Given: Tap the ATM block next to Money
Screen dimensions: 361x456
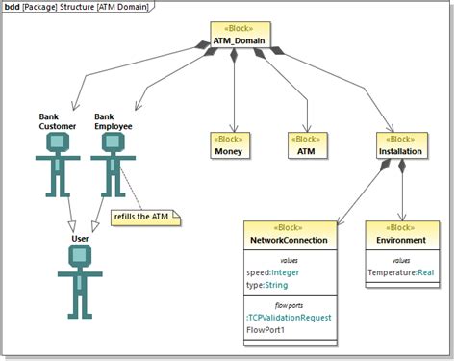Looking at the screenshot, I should [304, 144].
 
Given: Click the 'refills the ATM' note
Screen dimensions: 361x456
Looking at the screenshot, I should [146, 217].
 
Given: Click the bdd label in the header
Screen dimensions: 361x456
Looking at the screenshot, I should [14, 7].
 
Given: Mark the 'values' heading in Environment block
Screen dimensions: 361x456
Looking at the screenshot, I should [402, 259].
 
